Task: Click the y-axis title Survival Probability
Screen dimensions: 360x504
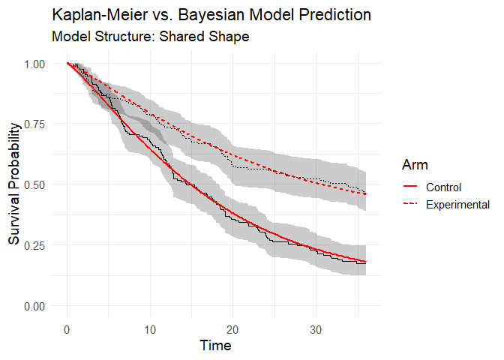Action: (15, 185)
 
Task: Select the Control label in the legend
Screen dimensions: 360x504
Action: (442, 187)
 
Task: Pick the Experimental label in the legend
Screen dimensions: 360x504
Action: (457, 204)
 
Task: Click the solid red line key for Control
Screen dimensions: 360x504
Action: (411, 187)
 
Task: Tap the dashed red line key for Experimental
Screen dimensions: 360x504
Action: (411, 204)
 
